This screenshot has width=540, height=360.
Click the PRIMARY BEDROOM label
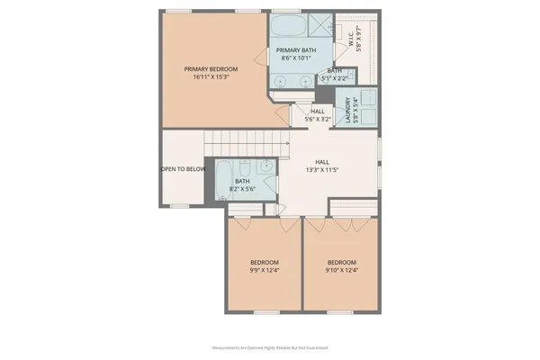coord(211,69)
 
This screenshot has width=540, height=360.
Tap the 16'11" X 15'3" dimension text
coord(211,77)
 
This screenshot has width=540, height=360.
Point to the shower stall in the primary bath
coord(320,25)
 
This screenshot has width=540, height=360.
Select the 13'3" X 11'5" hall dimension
coord(321,168)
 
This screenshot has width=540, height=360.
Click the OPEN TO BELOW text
coord(184,169)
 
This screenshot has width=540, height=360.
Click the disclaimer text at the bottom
coord(270,346)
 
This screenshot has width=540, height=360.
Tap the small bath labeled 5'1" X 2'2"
coord(334,74)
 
